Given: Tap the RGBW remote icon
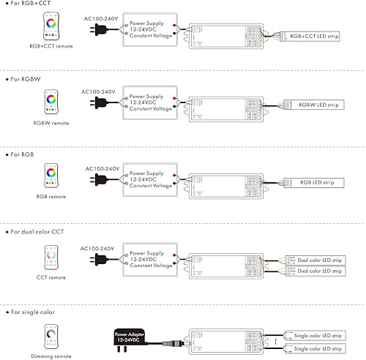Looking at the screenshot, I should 53,102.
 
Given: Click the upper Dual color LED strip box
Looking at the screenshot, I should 316,260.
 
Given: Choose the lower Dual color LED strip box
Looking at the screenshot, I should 316,271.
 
